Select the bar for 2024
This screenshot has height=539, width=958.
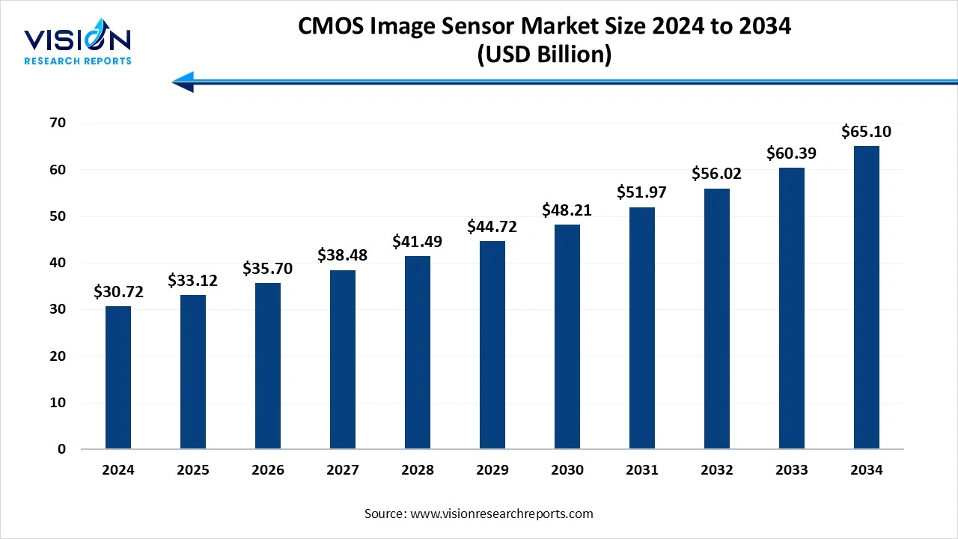click(x=118, y=377)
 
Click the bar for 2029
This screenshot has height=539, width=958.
click(x=492, y=345)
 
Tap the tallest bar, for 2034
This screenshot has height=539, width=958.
click(x=867, y=297)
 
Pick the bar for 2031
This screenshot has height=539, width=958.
click(x=642, y=328)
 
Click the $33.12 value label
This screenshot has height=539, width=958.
click(x=193, y=281)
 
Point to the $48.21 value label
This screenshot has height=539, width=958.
click(x=567, y=210)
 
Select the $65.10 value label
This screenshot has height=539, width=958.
click(x=867, y=132)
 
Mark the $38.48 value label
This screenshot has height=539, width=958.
click(x=343, y=256)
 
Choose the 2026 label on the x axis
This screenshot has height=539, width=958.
click(x=268, y=470)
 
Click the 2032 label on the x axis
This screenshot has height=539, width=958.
click(x=717, y=470)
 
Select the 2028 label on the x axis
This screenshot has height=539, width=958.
click(x=418, y=470)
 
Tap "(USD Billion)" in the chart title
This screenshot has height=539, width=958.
click(x=544, y=55)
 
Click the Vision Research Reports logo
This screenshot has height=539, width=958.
click(x=78, y=45)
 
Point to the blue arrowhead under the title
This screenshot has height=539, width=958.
click(x=183, y=82)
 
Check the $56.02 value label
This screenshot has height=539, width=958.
click(x=717, y=174)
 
